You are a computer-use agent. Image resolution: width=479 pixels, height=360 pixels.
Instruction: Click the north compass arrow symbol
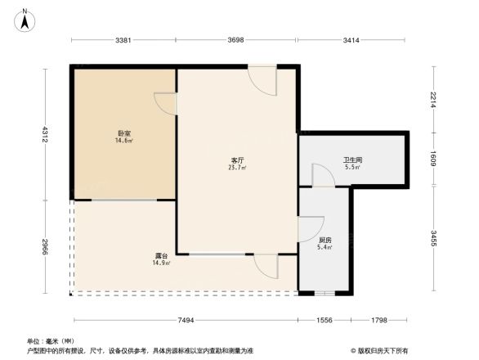[x=25, y=19]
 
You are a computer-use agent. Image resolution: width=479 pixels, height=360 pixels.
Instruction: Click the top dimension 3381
[x=123, y=39]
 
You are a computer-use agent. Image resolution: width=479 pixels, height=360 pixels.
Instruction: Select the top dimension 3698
[x=236, y=39]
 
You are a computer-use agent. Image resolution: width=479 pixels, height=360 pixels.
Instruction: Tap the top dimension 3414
[x=353, y=39]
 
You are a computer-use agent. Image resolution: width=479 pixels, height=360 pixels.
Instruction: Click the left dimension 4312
[x=46, y=133]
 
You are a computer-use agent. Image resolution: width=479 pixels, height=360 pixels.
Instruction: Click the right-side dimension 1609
[x=435, y=158]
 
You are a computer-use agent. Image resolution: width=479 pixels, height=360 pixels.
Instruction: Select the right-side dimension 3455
[x=435, y=239]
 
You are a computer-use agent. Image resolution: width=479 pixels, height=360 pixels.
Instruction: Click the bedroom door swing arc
[x=165, y=103]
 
